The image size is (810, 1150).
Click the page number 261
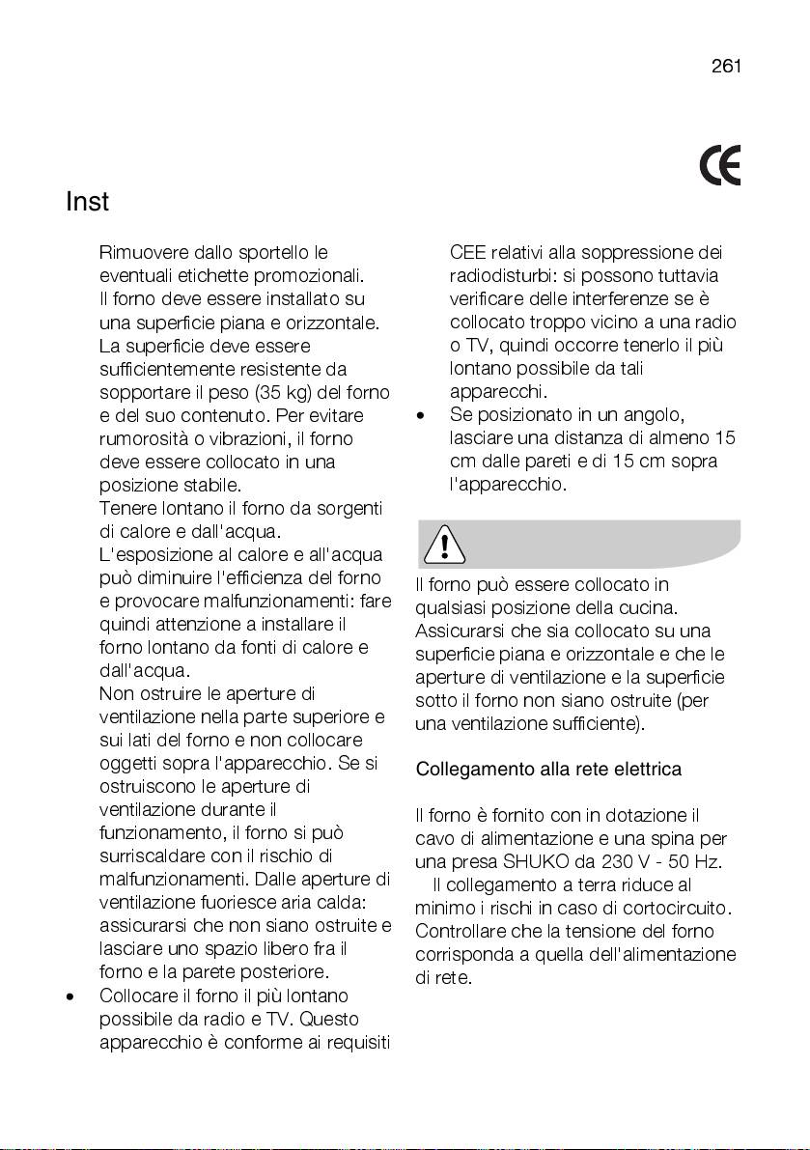coord(725,66)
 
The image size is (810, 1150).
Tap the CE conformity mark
coord(720,167)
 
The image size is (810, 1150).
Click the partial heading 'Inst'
coord(87,203)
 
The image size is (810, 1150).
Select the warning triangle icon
coord(443,546)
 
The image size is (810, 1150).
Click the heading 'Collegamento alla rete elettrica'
coord(548,770)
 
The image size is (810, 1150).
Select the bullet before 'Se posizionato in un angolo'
coord(420,417)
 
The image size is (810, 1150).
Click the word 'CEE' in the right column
coord(469,253)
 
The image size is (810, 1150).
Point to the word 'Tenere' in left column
coord(125,508)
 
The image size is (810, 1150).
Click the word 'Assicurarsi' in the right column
coord(459,631)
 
